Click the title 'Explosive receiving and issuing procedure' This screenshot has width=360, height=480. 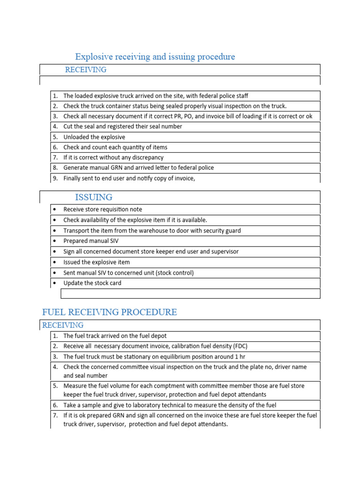tap(155, 57)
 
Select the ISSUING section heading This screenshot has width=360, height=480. tap(94, 197)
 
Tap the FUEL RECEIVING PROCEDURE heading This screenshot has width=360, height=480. tap(110, 312)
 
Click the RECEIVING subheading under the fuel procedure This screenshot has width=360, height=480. tap(63, 325)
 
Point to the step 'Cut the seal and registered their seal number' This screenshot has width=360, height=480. tap(123, 127)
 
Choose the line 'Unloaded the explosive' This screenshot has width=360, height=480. tap(94, 137)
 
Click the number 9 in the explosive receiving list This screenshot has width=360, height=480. tap(55, 178)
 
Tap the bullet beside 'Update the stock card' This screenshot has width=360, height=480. tap(55, 283)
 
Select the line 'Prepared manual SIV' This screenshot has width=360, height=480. tap(91, 241)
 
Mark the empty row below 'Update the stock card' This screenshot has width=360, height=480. tap(190, 294)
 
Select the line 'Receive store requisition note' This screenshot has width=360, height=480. tap(103, 210)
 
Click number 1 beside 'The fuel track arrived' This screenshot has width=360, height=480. tap(55, 336)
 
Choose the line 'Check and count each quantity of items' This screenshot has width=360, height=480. tap(115, 147)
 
